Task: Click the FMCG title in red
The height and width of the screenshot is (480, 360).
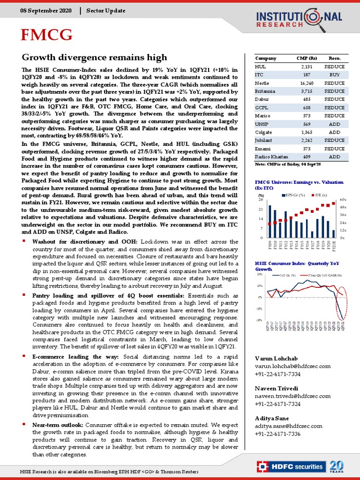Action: tap(46, 35)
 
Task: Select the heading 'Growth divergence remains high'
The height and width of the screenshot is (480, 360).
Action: tap(79, 58)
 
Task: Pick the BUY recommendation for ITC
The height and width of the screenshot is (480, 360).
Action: tap(334, 75)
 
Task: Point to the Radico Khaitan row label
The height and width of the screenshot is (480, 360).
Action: tap(271, 156)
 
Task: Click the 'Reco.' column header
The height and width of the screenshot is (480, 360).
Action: tap(334, 58)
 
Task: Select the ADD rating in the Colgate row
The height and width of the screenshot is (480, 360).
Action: tap(334, 132)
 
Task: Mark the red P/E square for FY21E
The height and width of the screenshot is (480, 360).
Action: tap(333, 203)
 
